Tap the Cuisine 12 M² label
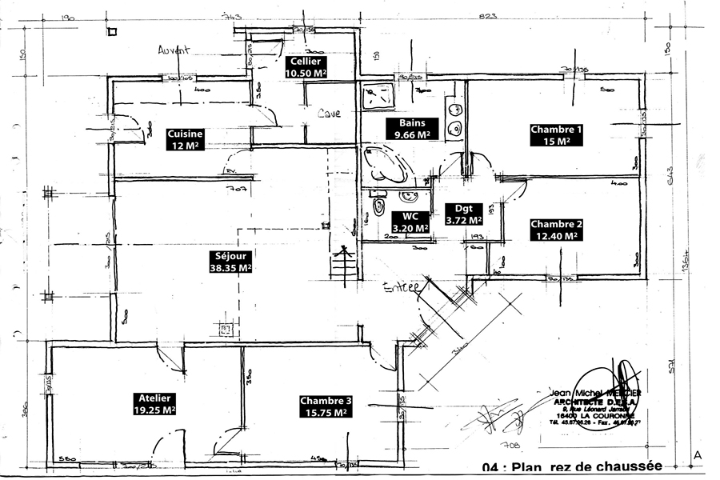tap(185, 139)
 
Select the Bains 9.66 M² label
tap(411, 129)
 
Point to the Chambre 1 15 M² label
tap(556, 134)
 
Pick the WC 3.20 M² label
tap(410, 222)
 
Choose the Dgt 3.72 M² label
tap(462, 213)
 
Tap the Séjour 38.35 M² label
tap(230, 262)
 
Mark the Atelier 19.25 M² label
tap(154, 403)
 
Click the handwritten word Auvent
tap(173, 50)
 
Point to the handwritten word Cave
tap(329, 114)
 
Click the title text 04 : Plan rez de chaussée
tap(572, 467)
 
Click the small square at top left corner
tap(112, 31)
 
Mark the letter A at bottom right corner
tap(698, 455)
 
